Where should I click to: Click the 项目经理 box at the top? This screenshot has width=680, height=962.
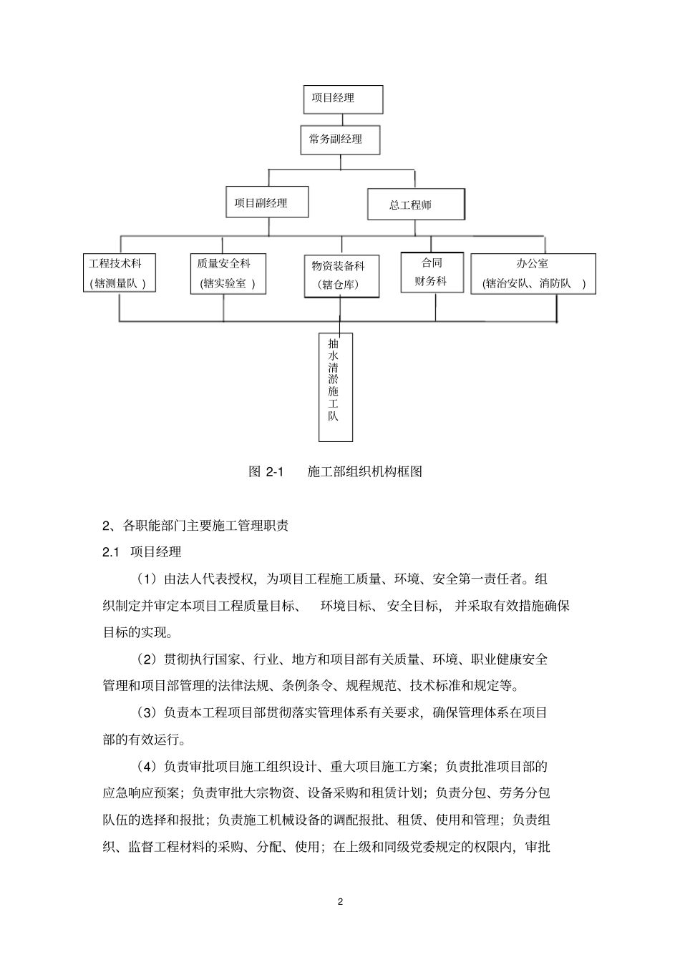point(343,99)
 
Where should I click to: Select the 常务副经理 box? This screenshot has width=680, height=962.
point(339,139)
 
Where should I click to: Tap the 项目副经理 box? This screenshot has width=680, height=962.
point(267,202)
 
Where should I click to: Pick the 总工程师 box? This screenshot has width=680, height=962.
point(416,205)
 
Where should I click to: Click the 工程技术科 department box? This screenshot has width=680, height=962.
point(119,273)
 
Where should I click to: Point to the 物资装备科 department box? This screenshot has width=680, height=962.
point(341,275)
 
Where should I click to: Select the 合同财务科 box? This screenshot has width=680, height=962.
point(432,273)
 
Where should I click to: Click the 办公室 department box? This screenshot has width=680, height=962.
point(533,274)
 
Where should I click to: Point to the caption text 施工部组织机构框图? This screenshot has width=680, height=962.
point(365,472)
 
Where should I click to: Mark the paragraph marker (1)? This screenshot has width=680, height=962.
point(146,579)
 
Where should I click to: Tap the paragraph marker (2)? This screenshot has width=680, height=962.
point(146,659)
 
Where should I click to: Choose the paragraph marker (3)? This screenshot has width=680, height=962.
point(146,712)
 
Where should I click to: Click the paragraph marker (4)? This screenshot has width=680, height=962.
point(146,767)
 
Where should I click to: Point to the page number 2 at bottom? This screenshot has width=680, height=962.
point(340,901)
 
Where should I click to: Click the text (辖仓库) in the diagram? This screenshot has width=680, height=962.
point(340,285)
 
